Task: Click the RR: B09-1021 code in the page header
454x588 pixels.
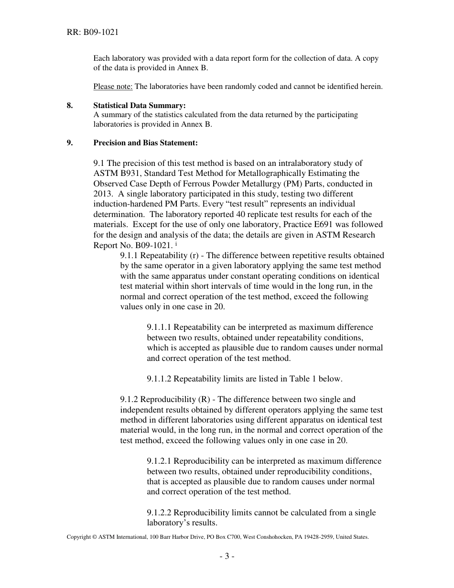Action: [x=93, y=33]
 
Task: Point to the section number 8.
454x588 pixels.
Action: [x=70, y=106]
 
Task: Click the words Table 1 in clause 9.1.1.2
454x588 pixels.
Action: [x=303, y=379]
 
